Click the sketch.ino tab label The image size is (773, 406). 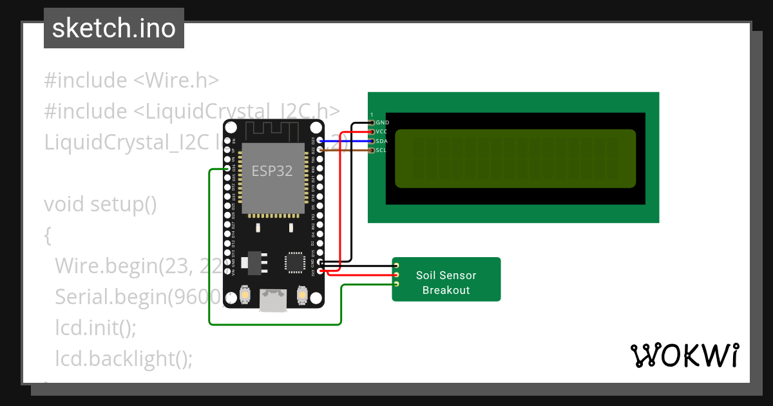click(114, 28)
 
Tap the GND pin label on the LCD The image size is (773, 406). click(382, 122)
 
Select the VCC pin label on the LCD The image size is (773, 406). click(381, 131)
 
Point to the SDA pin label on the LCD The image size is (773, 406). click(381, 141)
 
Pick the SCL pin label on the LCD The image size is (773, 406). click(381, 150)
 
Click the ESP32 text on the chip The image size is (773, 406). click(272, 171)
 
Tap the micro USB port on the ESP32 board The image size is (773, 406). click(272, 300)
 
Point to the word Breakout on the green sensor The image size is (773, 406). click(446, 290)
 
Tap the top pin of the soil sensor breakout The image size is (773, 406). click(397, 266)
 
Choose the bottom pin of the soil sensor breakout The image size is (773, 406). click(397, 284)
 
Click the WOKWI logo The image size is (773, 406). click(684, 355)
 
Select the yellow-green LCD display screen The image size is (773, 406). click(515, 159)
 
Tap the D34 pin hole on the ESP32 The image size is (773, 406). click(227, 169)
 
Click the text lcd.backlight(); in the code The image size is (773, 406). click(124, 358)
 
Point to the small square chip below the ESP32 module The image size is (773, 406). click(295, 262)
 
